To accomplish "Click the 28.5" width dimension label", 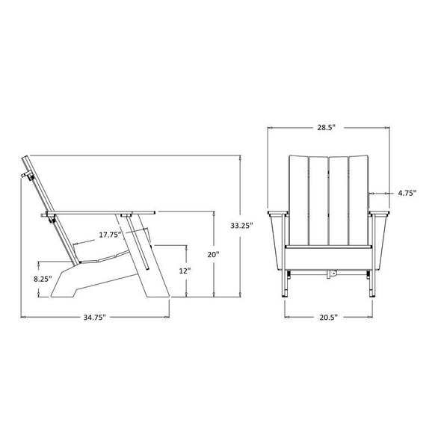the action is point(326,127).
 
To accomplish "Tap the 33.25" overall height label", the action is point(241,225).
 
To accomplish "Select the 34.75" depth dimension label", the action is point(94,317).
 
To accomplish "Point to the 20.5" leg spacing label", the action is point(328,317).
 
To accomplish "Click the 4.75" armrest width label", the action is point(407,193).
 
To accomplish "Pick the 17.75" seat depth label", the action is point(111,235).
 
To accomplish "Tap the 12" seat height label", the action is point(185,271).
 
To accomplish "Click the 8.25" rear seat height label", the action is point(43,279).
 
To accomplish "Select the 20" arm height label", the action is point(213,255).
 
